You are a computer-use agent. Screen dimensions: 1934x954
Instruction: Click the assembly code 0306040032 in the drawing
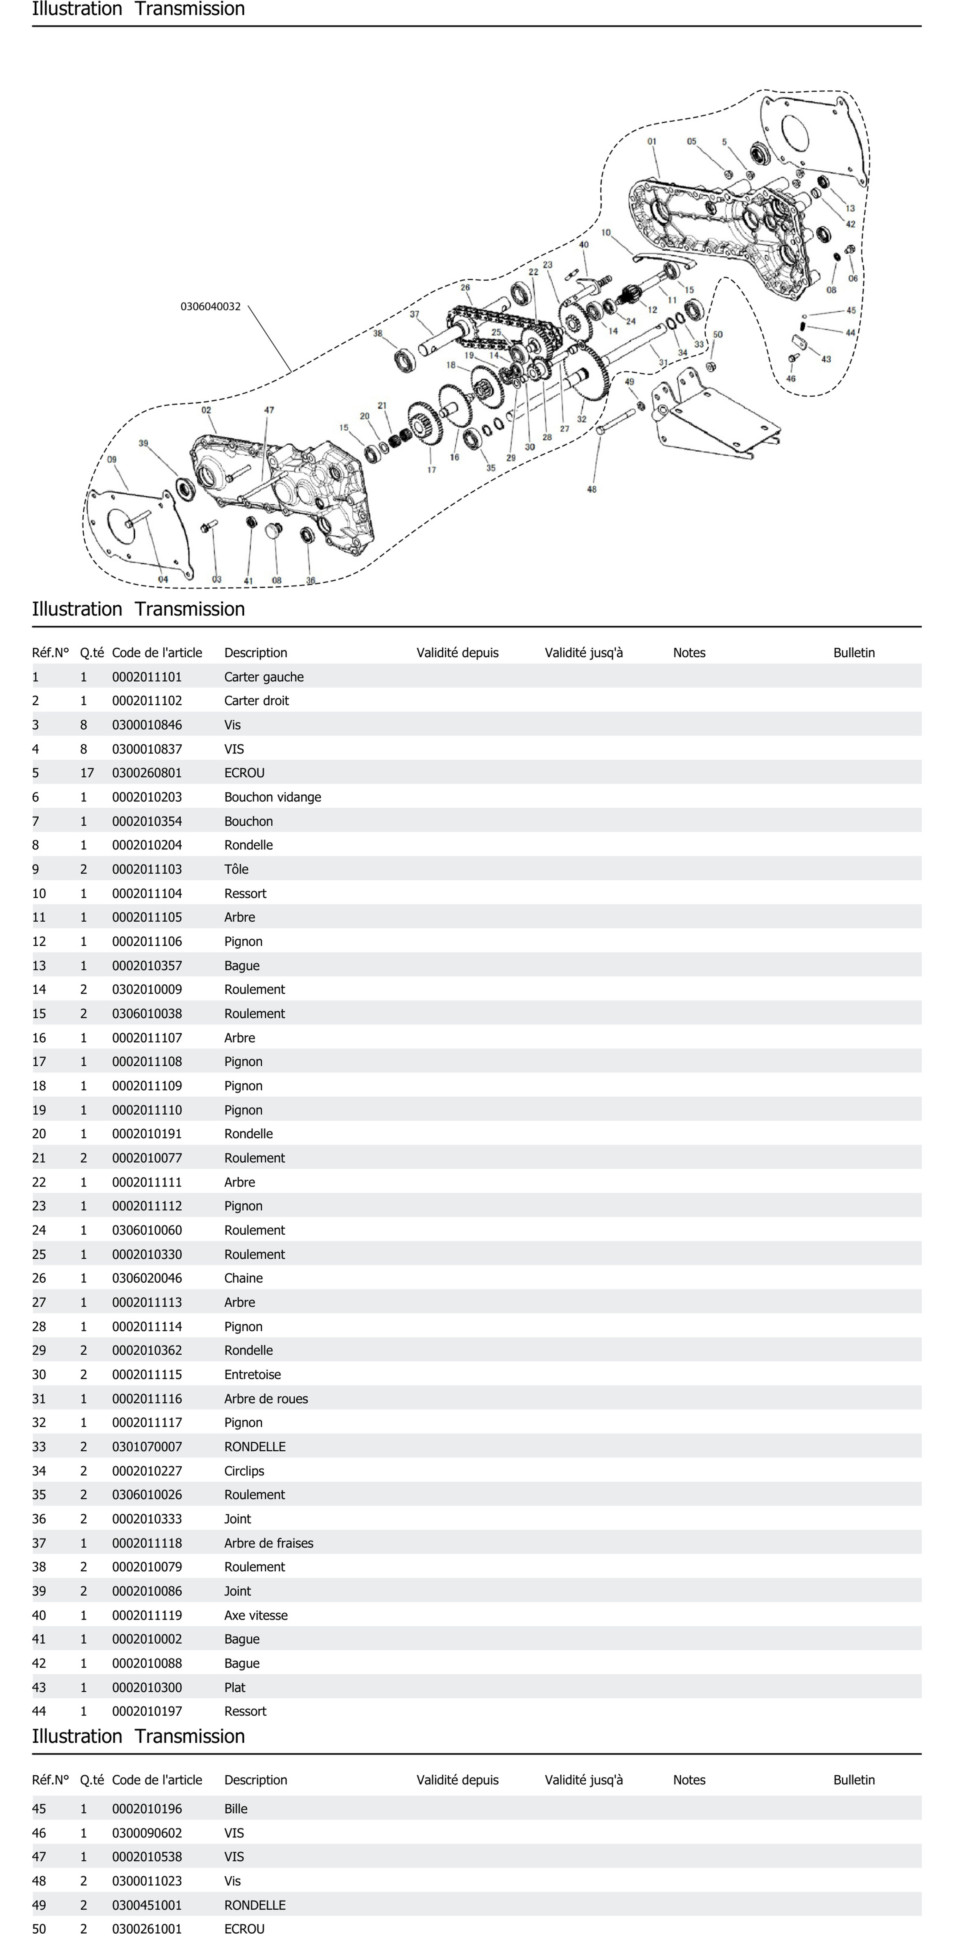pyautogui.click(x=210, y=306)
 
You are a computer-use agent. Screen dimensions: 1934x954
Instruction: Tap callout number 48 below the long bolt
pyautogui.click(x=592, y=489)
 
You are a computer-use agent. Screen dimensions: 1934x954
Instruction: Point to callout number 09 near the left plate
pyautogui.click(x=112, y=459)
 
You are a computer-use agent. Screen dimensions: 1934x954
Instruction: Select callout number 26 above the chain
pyautogui.click(x=465, y=288)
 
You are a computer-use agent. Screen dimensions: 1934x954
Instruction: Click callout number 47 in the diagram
pyautogui.click(x=269, y=410)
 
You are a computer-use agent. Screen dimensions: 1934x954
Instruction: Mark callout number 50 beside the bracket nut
pyautogui.click(x=718, y=335)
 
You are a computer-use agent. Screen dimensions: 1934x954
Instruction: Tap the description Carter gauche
pyautogui.click(x=263, y=677)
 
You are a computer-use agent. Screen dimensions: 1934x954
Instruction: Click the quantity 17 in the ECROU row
pyautogui.click(x=87, y=773)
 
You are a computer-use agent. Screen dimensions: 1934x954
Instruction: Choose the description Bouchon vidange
pyautogui.click(x=272, y=797)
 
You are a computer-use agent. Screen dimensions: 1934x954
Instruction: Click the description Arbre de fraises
pyautogui.click(x=269, y=1543)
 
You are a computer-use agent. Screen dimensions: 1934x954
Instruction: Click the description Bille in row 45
pyautogui.click(x=236, y=1809)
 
